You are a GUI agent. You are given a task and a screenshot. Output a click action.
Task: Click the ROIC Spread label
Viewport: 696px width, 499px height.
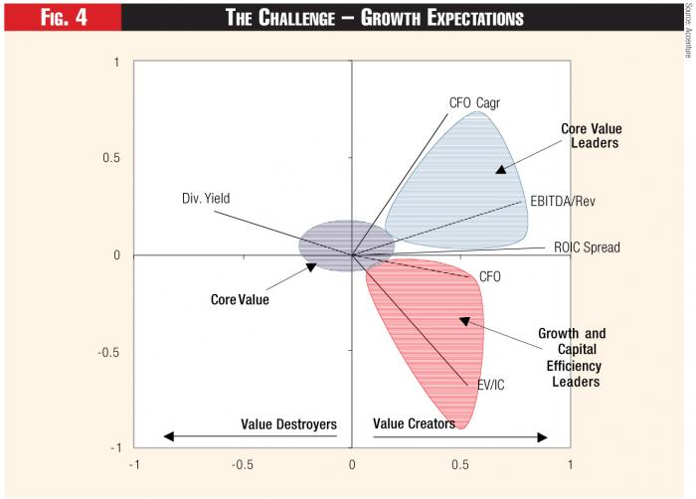click(587, 247)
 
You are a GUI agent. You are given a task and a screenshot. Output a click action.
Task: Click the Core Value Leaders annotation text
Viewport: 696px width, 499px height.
click(591, 136)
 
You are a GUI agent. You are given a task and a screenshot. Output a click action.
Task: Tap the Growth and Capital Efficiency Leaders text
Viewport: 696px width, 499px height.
click(572, 357)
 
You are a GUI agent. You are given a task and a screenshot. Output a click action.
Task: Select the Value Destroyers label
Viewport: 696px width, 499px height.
click(288, 423)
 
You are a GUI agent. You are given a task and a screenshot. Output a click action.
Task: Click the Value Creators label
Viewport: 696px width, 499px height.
click(414, 423)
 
